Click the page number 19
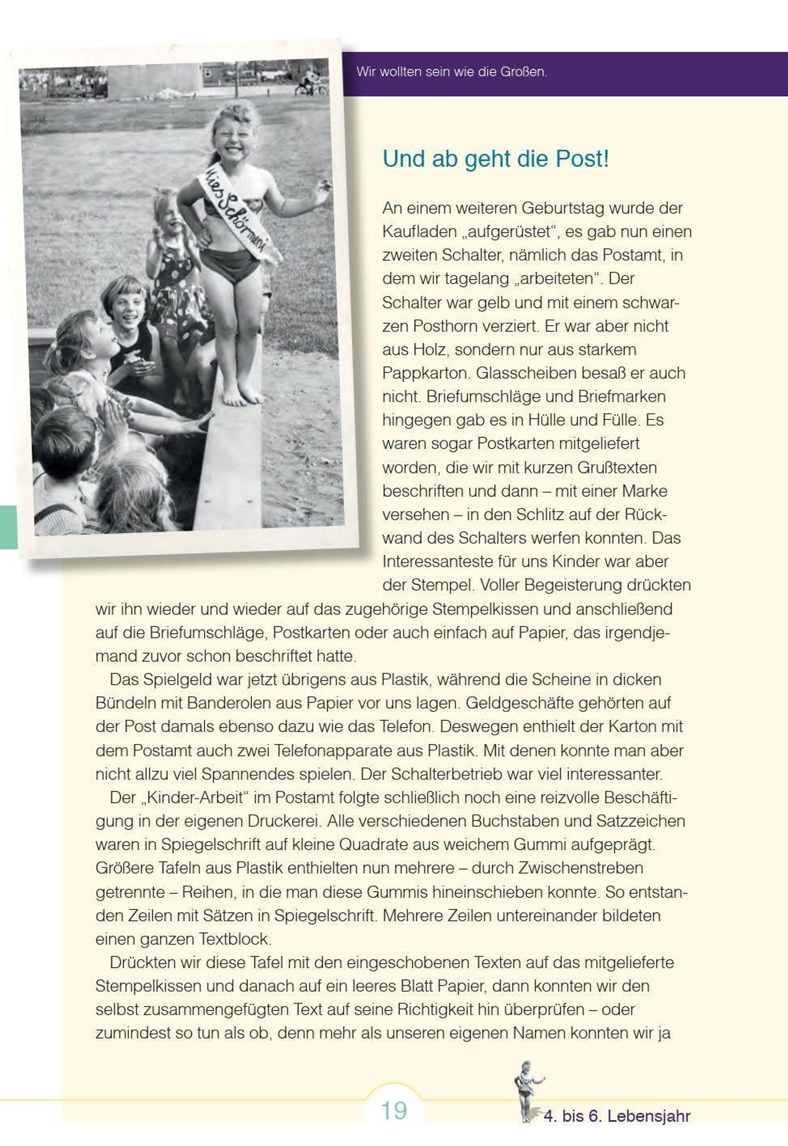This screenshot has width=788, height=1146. [393, 1111]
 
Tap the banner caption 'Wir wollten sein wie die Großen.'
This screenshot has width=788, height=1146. [452, 72]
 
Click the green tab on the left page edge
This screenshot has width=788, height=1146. [9, 527]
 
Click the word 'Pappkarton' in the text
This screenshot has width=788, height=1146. [425, 373]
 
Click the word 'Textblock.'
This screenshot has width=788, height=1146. [234, 939]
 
